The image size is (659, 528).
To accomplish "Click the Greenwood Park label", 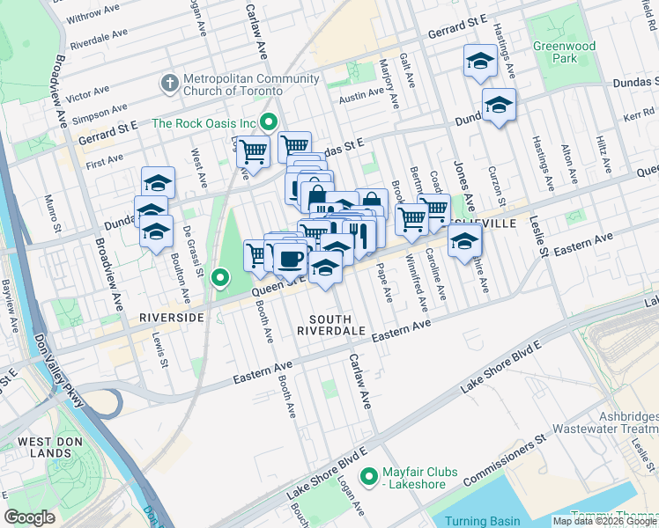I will [x=564, y=52].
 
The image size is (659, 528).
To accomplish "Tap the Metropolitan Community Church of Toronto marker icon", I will [x=169, y=84].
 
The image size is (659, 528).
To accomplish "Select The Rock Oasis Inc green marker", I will [x=270, y=123].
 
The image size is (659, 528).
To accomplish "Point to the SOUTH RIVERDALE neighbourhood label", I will [x=330, y=324].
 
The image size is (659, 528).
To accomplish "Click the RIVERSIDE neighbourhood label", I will [x=171, y=317].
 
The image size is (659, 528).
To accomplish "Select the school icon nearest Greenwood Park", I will [x=480, y=61].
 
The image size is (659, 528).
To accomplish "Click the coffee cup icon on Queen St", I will [x=290, y=258].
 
